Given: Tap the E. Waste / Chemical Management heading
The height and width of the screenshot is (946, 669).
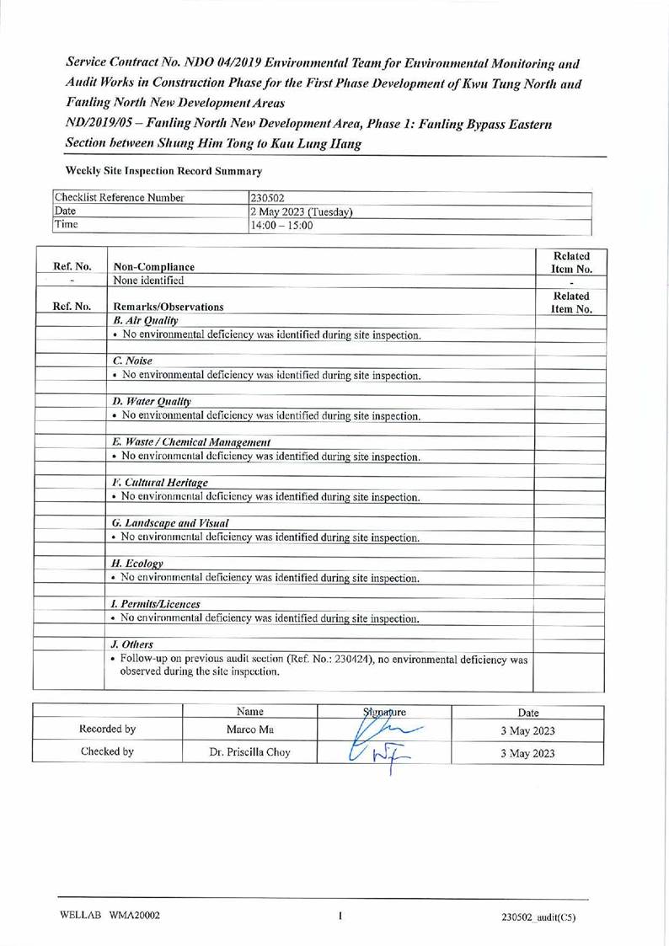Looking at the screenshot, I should click(191, 442).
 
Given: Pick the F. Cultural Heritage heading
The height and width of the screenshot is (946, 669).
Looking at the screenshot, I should click(160, 483).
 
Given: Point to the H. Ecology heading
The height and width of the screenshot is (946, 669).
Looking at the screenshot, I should click(137, 563).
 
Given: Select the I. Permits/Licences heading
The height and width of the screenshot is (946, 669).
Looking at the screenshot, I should click(156, 604).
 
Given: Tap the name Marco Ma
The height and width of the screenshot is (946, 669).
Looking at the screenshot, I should click(250, 730).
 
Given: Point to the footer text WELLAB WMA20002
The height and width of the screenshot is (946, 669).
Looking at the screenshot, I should click(110, 917).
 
